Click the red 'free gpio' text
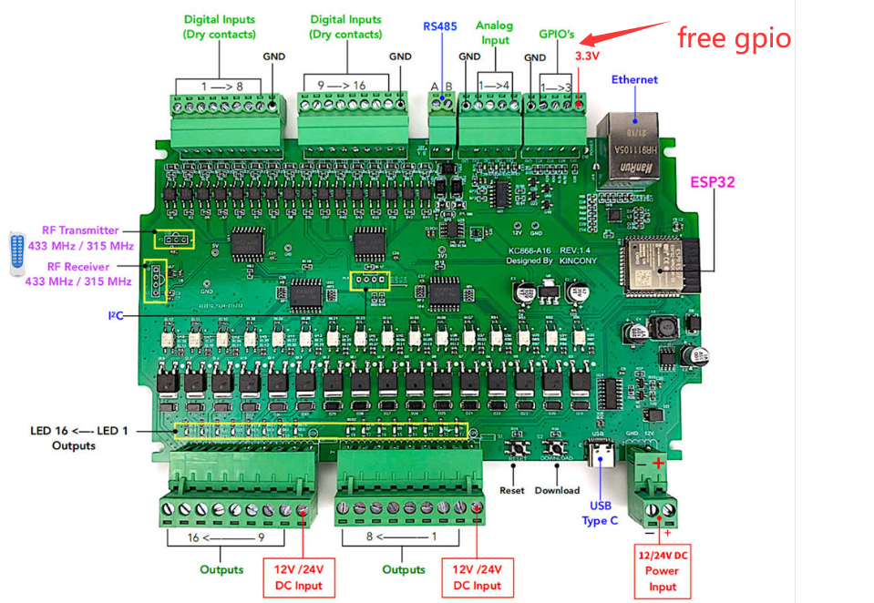click(x=734, y=37)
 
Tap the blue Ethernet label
click(x=634, y=80)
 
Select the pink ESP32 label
click(x=713, y=182)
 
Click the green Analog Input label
click(x=494, y=33)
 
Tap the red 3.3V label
click(x=587, y=56)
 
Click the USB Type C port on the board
click(x=602, y=454)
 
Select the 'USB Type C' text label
click(x=600, y=513)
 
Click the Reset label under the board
click(x=512, y=490)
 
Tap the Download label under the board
click(x=557, y=490)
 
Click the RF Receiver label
click(x=79, y=274)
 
